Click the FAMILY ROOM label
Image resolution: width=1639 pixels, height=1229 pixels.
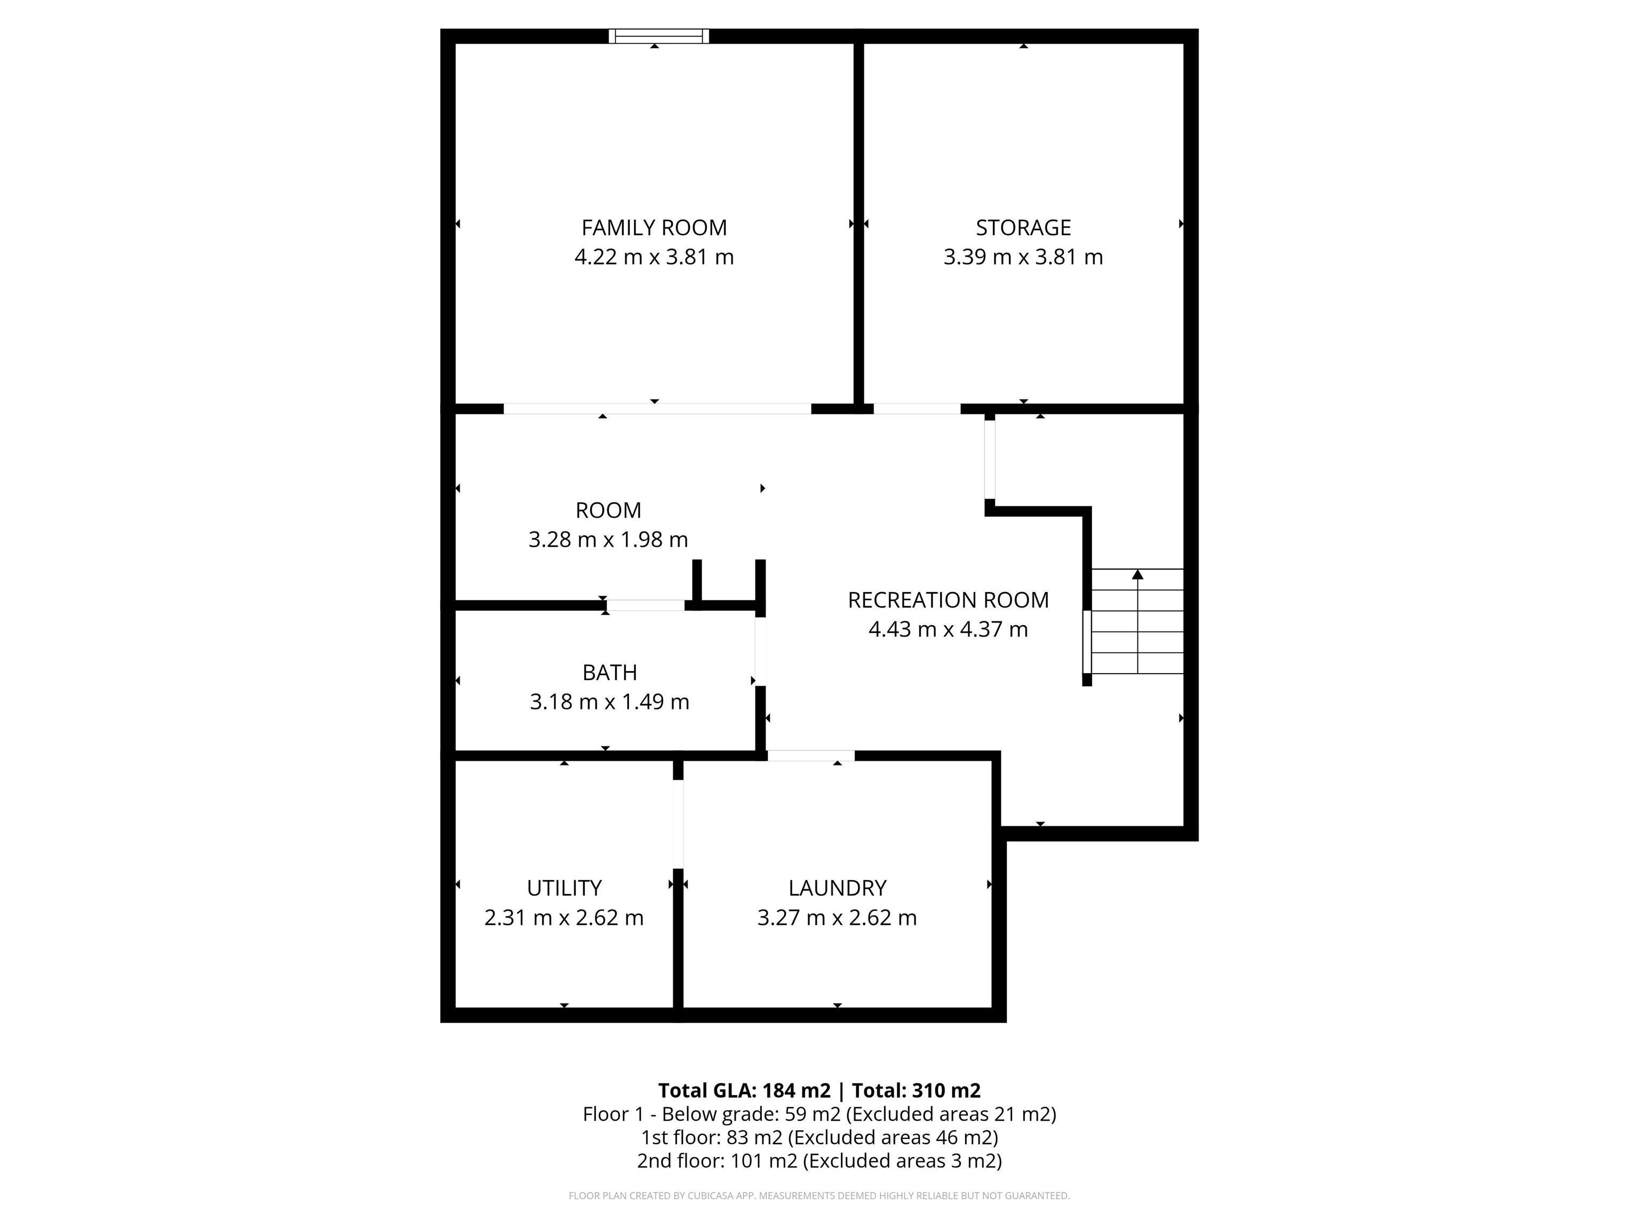coord(654,227)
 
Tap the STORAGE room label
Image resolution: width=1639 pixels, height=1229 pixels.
coord(1023,227)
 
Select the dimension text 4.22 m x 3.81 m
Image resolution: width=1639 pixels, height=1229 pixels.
coord(654,257)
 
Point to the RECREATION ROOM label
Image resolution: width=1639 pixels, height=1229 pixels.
coord(948,600)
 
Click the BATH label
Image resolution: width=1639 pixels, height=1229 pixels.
coord(609,673)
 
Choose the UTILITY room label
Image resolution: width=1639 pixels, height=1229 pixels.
coord(564,888)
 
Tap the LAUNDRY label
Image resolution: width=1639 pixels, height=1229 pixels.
coord(837,888)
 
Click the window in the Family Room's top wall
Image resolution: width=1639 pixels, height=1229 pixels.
coord(659,36)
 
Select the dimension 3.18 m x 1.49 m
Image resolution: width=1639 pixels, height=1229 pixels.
coord(609,701)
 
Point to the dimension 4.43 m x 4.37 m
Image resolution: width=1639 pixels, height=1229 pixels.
coord(948,629)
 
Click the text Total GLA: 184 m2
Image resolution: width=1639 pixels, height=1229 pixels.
coord(744,1090)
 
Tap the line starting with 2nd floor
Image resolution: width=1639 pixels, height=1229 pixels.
coord(819,1161)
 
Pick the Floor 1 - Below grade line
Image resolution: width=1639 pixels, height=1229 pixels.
coord(819,1114)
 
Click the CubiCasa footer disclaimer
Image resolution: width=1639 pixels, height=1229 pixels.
coord(819,1196)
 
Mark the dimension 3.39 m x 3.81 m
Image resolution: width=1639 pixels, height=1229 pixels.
coord(1023,257)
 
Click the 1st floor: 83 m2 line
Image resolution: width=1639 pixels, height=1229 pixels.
coord(819,1137)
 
